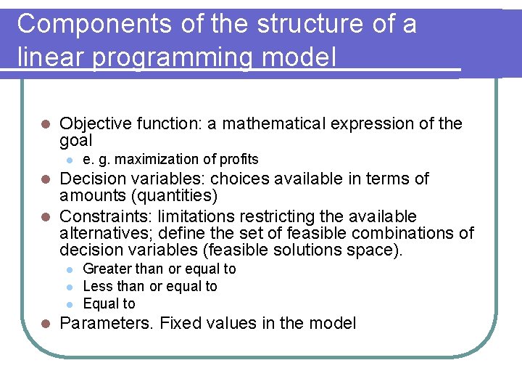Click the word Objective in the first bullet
94,123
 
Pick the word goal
76,141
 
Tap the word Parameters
106,323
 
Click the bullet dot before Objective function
45,124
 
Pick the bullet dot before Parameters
45,324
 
